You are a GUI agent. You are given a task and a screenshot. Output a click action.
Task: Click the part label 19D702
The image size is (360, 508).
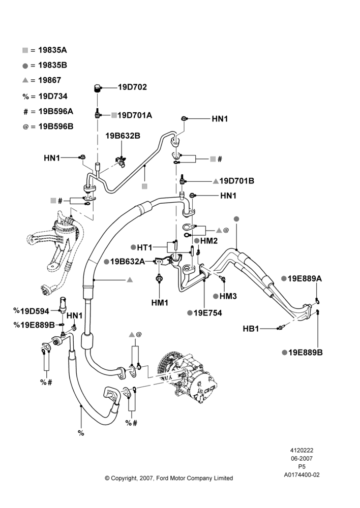[x=132, y=87]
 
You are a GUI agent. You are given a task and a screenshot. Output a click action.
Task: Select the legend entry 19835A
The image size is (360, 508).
[x=52, y=50]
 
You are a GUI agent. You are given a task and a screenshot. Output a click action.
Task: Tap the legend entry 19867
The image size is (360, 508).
[x=49, y=80]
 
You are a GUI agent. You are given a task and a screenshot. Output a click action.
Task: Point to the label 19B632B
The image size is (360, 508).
[x=123, y=136]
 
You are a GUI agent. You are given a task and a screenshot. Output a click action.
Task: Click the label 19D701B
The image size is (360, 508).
[x=237, y=181]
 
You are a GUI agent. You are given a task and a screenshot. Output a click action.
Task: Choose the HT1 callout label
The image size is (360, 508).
[x=144, y=248]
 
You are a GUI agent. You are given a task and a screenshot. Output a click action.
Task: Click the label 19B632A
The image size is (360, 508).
[x=128, y=262]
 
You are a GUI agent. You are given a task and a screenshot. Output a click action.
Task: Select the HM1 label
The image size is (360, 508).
[x=160, y=303]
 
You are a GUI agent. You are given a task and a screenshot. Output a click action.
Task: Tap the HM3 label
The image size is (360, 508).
[x=228, y=296]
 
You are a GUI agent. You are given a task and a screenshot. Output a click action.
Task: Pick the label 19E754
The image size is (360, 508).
[x=207, y=313]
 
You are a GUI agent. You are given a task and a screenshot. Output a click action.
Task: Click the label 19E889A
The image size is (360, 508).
[x=305, y=278]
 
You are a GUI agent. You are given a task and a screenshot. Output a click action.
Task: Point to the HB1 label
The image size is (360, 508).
[x=251, y=329]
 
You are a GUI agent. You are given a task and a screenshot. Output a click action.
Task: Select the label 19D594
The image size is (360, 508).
[x=35, y=311]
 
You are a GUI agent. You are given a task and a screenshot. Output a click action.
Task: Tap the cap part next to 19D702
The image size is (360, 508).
[x=97, y=88]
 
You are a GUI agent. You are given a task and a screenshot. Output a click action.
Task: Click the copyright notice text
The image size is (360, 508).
[x=169, y=478]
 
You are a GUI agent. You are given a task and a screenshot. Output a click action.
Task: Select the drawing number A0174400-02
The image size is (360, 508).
[x=302, y=475]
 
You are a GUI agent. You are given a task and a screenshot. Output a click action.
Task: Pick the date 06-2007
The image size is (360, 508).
[x=302, y=458]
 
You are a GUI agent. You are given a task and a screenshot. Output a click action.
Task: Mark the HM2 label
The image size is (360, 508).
[x=209, y=241]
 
